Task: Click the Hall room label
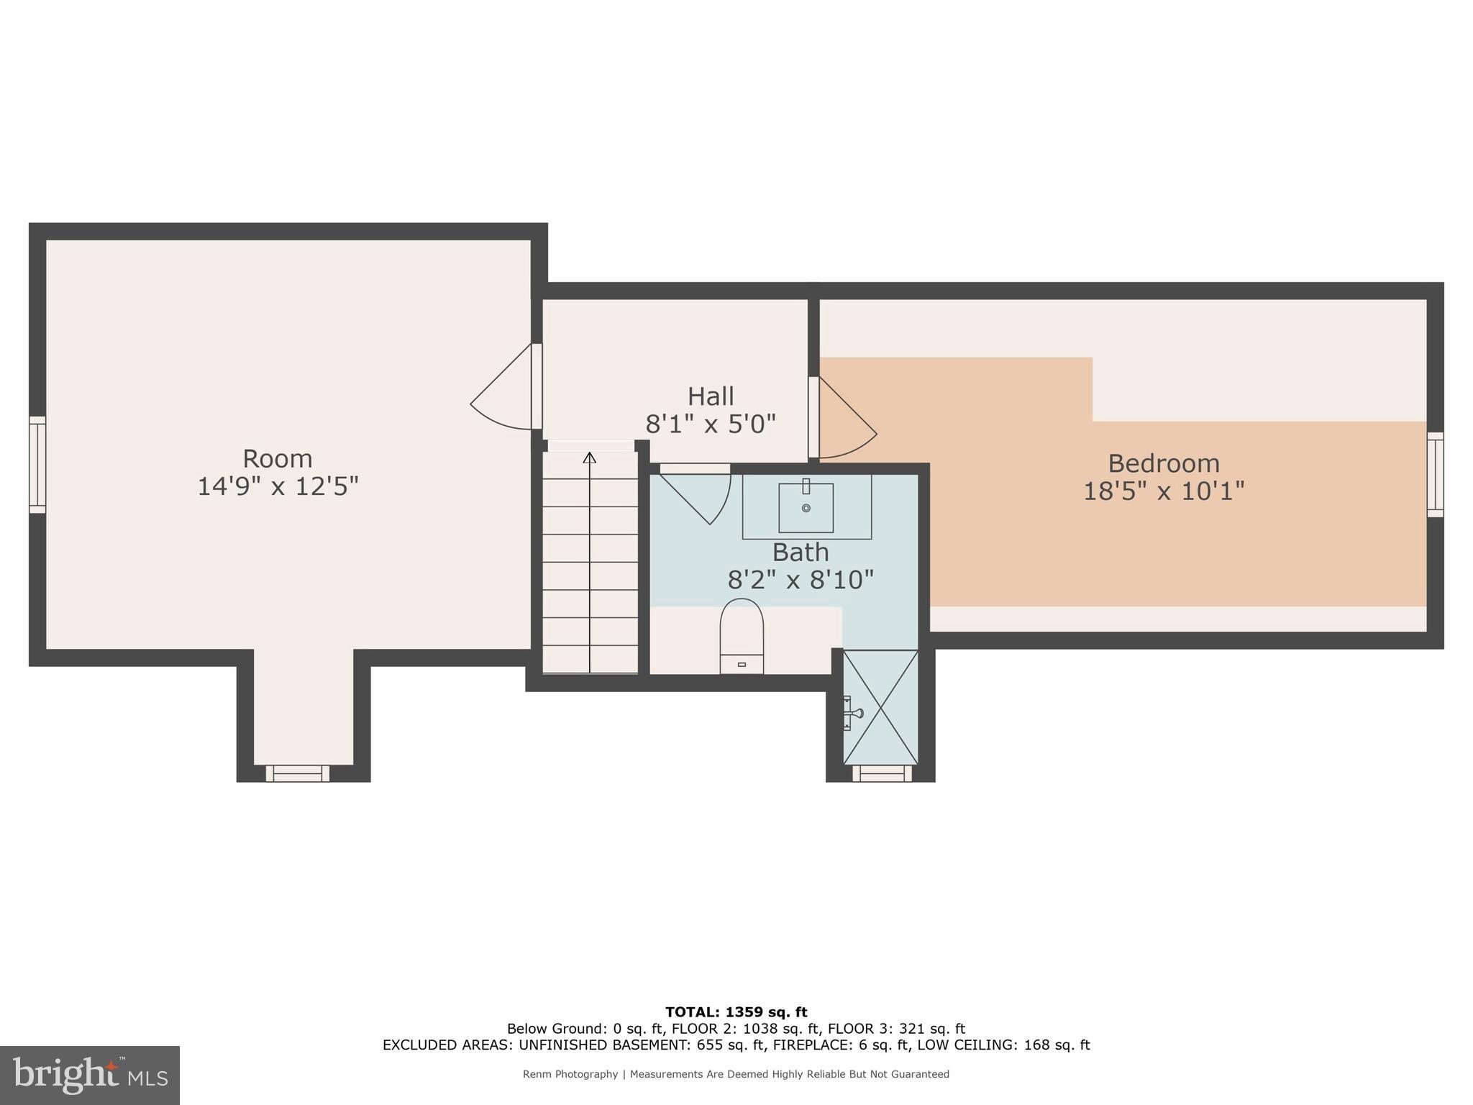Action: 711,396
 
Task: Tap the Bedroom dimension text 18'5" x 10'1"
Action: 1163,491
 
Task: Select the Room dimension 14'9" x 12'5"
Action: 278,487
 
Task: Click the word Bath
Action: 800,552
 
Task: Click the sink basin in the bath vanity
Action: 806,507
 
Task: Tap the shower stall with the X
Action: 880,707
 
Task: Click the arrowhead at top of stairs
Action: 590,458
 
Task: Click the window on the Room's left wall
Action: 37,465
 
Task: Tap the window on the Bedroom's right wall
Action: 1435,475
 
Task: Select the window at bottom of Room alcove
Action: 297,773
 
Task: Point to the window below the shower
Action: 882,773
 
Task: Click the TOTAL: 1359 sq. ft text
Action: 736,1012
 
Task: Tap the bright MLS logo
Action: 90,1075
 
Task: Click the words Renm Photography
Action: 570,1074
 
